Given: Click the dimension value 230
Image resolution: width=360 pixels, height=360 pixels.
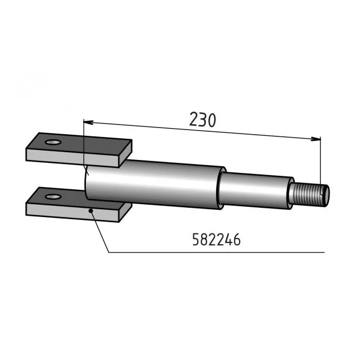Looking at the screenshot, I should click(203, 119).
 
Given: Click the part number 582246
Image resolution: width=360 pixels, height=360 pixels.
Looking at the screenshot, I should click(216, 240).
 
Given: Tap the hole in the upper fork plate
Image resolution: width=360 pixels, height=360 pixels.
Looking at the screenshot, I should click(51, 141).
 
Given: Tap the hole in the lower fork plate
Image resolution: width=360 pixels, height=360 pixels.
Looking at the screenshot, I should click(51, 196).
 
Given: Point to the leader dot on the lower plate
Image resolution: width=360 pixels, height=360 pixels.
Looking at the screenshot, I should click(91, 210).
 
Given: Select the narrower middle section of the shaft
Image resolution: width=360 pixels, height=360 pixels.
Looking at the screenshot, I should click(255, 190).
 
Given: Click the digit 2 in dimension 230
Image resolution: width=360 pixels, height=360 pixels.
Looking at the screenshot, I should click(194, 119).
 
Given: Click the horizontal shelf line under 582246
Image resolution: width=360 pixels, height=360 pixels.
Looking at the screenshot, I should click(216, 252).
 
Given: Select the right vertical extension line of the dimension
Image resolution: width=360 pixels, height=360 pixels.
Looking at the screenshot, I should click(320, 159).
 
